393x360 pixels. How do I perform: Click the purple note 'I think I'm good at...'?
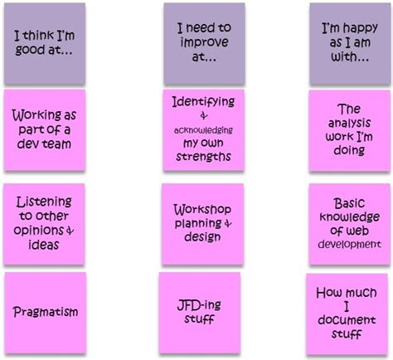45,44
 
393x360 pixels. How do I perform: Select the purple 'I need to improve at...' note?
204,43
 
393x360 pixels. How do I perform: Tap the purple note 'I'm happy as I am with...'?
350,44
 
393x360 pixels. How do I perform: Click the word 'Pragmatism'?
46,312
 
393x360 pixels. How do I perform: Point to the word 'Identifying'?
203,102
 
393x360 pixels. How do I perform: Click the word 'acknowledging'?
203,130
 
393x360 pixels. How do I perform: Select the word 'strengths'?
203,157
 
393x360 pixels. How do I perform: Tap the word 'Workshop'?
202,210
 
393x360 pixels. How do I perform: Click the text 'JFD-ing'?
199,305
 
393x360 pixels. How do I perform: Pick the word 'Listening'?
44,202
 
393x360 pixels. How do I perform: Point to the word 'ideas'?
44,245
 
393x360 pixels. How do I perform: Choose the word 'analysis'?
350,123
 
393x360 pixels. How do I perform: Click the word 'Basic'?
350,203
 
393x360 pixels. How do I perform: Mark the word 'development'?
350,244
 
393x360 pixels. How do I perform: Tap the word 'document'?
347,320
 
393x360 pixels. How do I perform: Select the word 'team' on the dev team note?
59,144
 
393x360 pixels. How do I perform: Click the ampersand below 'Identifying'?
204,115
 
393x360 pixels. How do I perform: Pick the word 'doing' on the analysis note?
349,150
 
